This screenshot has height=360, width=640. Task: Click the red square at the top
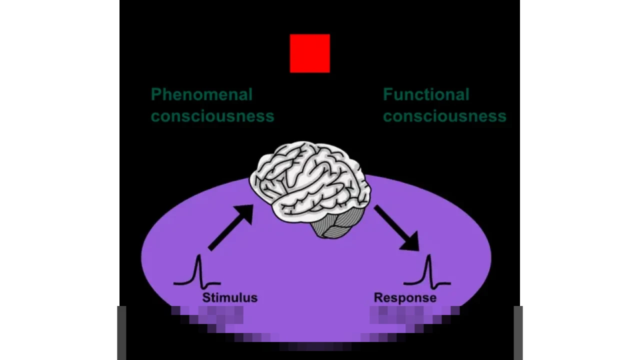(309, 53)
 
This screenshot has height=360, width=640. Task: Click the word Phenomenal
(201, 94)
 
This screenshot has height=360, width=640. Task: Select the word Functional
(426, 94)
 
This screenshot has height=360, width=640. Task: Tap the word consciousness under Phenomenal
(212, 116)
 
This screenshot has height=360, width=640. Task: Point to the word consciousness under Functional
(444, 116)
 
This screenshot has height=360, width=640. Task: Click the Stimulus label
(229, 298)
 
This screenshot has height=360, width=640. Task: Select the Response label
(405, 298)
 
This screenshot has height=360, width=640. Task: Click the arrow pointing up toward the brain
(230, 227)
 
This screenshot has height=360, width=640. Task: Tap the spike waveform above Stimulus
(198, 272)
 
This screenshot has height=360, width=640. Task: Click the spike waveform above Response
(428, 273)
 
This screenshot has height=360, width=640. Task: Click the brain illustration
(310, 185)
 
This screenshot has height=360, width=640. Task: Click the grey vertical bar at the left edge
(121, 332)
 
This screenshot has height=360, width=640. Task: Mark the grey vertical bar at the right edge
(518, 332)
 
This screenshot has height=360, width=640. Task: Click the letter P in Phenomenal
(156, 94)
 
